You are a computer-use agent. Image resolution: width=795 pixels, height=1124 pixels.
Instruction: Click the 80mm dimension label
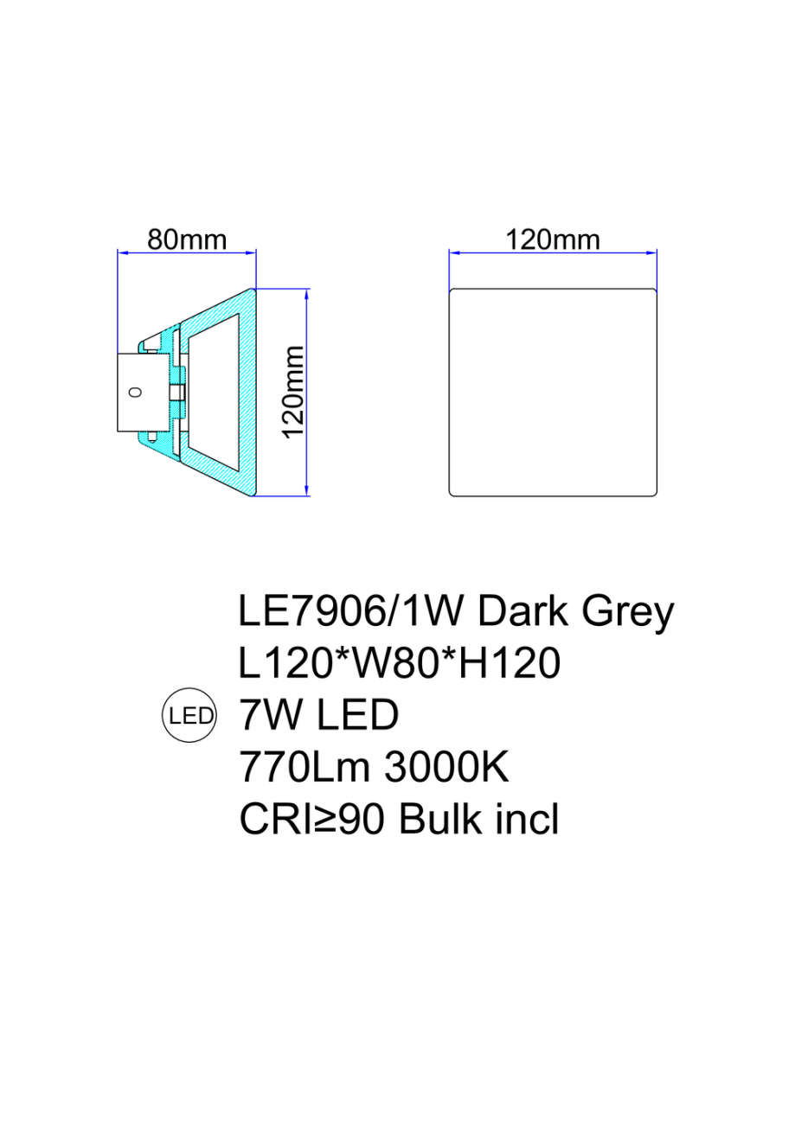(x=186, y=239)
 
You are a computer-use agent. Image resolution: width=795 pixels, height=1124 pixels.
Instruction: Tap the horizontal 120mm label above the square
(x=553, y=239)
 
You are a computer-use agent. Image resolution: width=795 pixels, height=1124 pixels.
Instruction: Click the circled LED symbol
(x=190, y=716)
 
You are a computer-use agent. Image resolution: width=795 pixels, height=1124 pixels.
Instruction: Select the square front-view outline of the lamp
(x=553, y=392)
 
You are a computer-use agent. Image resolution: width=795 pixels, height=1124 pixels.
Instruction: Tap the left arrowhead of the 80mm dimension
(x=122, y=253)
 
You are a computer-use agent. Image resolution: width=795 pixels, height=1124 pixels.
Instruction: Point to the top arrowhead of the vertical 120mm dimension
(x=308, y=293)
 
